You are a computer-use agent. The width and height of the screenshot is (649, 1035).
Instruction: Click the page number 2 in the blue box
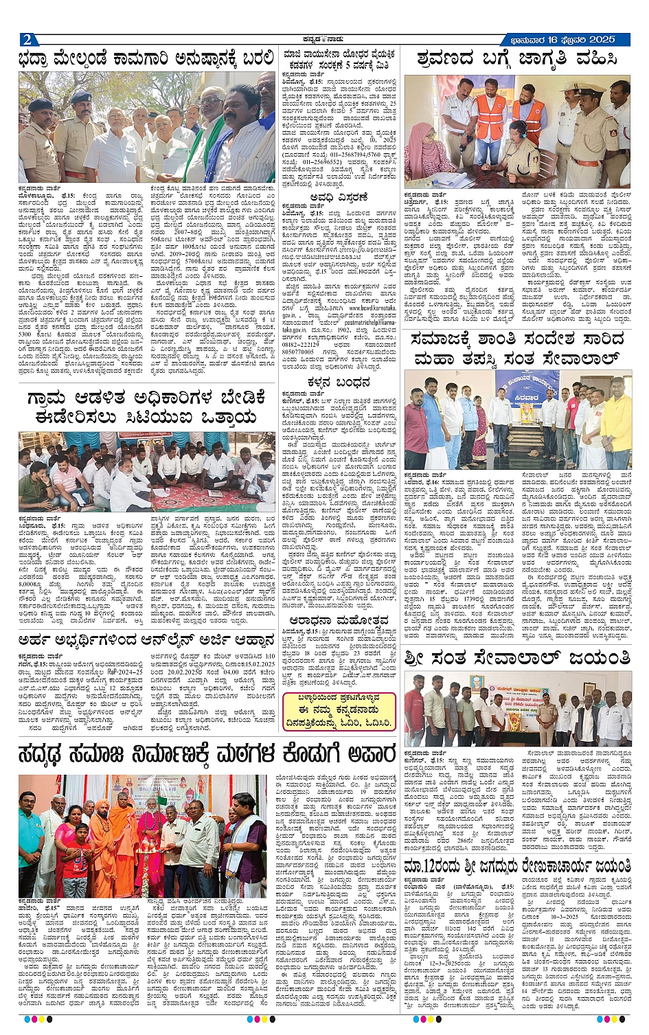point(26,39)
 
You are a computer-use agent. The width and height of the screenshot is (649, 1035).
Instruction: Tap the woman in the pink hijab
point(432,156)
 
